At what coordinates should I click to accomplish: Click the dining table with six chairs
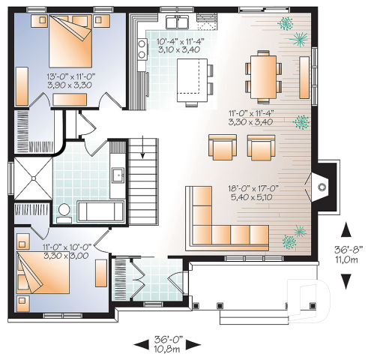pos(263,72)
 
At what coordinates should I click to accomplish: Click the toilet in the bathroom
pos(64,211)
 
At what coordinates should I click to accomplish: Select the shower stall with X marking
pos(32,177)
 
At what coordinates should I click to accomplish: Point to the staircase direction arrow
pos(144,144)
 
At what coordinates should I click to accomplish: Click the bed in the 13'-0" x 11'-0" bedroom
pos(73,43)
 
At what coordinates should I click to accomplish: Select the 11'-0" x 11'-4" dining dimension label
pos(252,116)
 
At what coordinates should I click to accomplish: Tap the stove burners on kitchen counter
pos(141,49)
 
